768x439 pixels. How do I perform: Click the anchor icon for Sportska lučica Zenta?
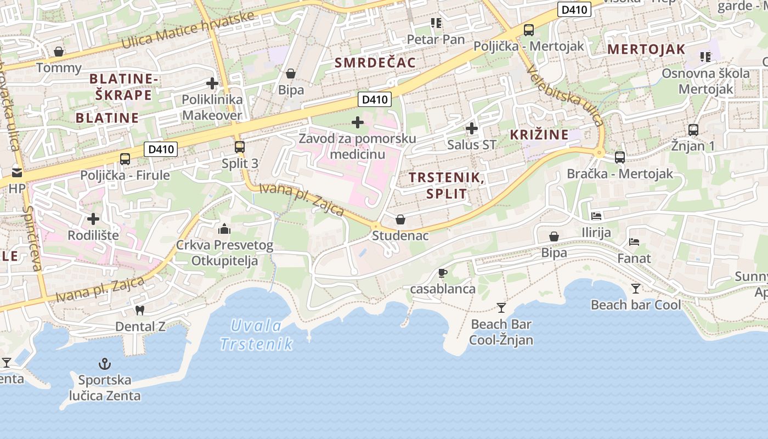pyautogui.click(x=104, y=364)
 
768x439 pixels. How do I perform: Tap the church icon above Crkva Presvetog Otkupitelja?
pyautogui.click(x=224, y=229)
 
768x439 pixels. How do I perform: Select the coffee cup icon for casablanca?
pyautogui.click(x=443, y=273)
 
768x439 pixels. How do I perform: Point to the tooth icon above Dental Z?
pyautogui.click(x=140, y=310)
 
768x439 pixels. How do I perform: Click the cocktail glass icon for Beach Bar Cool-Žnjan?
pyautogui.click(x=501, y=307)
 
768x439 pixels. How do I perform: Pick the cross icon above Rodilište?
pyautogui.click(x=93, y=219)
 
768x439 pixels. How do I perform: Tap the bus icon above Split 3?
pyautogui.click(x=239, y=147)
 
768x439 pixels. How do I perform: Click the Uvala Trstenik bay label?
pyautogui.click(x=257, y=335)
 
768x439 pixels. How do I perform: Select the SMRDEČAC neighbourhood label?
pyautogui.click(x=375, y=63)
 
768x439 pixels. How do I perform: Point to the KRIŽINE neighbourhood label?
pyautogui.click(x=539, y=134)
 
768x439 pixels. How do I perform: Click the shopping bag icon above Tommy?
pyautogui.click(x=59, y=52)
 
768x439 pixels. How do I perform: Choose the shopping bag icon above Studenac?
pyautogui.click(x=400, y=219)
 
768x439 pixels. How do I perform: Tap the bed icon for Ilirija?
pyautogui.click(x=596, y=216)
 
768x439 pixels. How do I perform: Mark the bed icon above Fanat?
pyautogui.click(x=634, y=241)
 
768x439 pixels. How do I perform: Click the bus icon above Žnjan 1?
pyautogui.click(x=693, y=130)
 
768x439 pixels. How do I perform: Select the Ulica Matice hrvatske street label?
pyautogui.click(x=188, y=29)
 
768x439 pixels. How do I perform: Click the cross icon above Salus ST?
pyautogui.click(x=471, y=129)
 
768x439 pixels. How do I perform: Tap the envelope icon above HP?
pyautogui.click(x=17, y=172)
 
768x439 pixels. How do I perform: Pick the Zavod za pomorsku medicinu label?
pyautogui.click(x=357, y=146)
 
